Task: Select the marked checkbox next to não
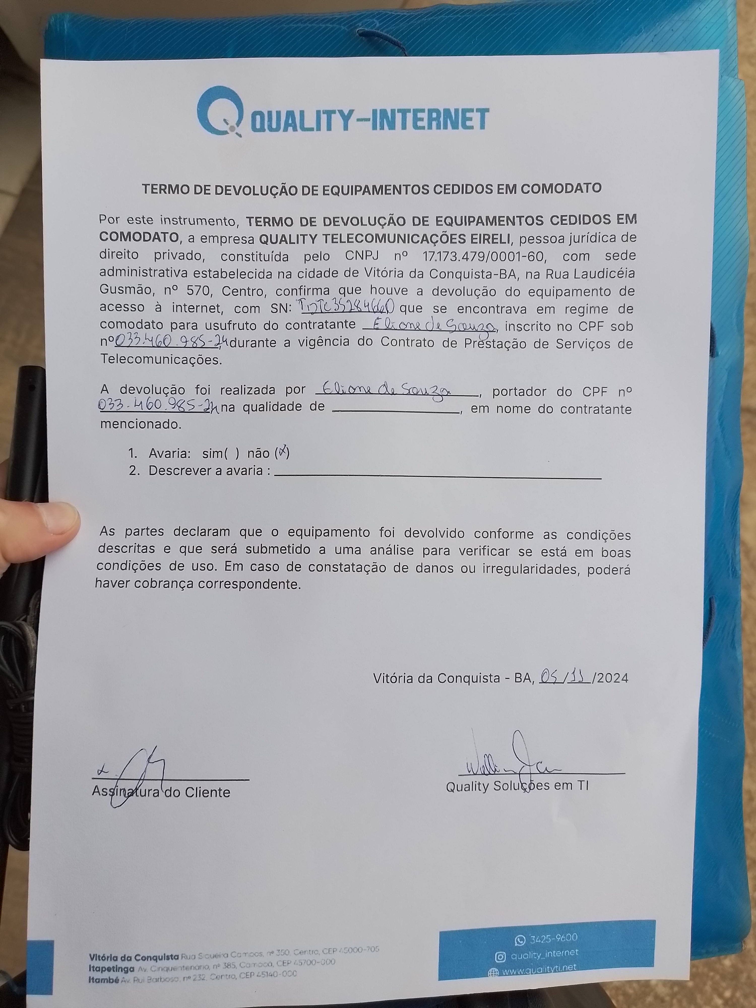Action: (x=282, y=453)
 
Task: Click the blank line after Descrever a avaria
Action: (x=437, y=476)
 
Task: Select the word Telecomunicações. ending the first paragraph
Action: (x=161, y=360)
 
